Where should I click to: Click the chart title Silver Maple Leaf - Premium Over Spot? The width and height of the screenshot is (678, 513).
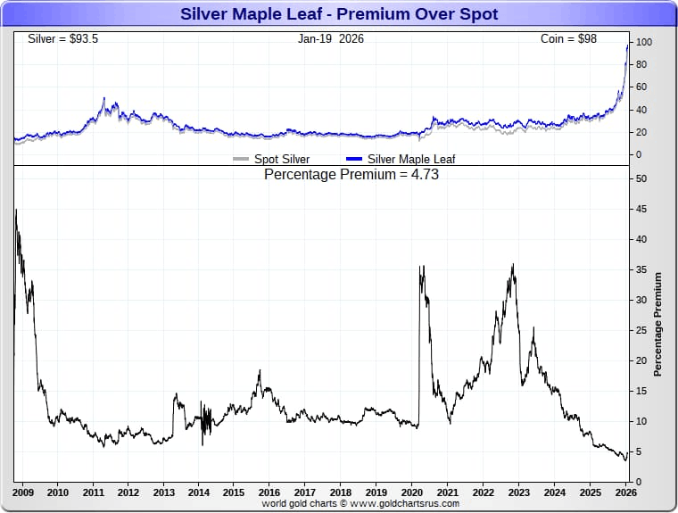pyautogui.click(x=339, y=14)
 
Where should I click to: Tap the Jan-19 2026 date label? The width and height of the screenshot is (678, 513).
pyautogui.click(x=331, y=39)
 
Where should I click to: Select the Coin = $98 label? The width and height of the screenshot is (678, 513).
pyautogui.click(x=568, y=39)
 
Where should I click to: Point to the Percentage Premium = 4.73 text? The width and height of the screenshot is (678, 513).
pyautogui.click(x=351, y=175)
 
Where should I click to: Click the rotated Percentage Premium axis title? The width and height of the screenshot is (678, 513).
pyautogui.click(x=658, y=325)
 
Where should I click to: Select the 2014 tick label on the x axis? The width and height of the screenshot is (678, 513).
pyautogui.click(x=199, y=492)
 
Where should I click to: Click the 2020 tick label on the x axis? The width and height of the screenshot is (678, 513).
pyautogui.click(x=411, y=492)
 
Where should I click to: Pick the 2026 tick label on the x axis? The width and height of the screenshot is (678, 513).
pyautogui.click(x=624, y=492)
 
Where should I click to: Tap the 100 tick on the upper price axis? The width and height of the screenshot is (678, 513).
pyautogui.click(x=643, y=42)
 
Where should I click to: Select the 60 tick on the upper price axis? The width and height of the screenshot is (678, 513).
pyautogui.click(x=641, y=87)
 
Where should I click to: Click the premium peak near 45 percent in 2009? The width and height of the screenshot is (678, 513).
pyautogui.click(x=16, y=211)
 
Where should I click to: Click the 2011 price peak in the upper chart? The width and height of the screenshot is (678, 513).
pyautogui.click(x=103, y=98)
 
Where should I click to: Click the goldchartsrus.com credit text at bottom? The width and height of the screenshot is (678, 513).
pyautogui.click(x=360, y=503)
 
